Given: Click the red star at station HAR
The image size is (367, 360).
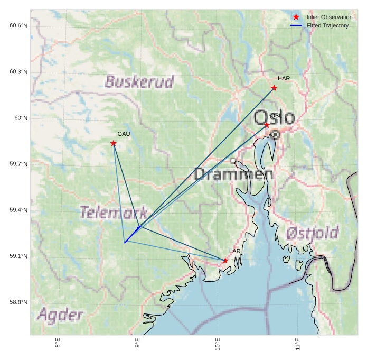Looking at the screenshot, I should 274,88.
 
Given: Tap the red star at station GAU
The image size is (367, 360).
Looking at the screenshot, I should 114,143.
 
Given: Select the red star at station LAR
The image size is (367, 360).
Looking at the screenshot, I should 225,261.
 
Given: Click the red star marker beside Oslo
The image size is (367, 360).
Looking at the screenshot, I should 267,125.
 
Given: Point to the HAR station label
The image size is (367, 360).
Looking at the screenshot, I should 284,79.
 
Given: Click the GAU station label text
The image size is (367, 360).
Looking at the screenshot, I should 124,134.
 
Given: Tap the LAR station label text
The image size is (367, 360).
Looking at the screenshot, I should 235,251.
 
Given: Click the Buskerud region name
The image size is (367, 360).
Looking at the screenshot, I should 139,82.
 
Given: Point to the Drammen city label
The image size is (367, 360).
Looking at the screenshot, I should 233,174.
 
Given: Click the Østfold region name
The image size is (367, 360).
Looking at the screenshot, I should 312,233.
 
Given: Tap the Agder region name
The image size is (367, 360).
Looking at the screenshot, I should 60,316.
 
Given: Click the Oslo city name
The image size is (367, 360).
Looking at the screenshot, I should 275,117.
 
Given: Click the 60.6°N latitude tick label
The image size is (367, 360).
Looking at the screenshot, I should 18,26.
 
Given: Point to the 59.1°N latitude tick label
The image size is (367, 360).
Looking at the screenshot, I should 18,256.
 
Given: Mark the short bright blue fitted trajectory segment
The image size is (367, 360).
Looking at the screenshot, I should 132,235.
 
